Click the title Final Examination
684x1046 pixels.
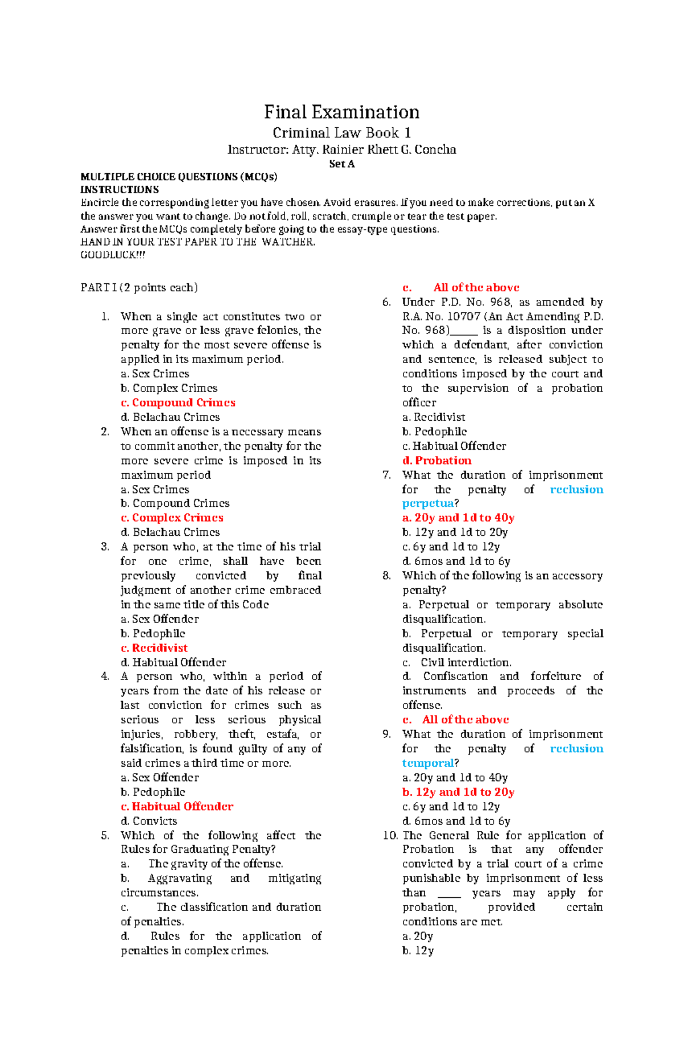click(x=341, y=112)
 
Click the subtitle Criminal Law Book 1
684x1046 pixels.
click(x=341, y=133)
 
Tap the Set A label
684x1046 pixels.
click(x=342, y=164)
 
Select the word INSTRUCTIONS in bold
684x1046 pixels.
click(x=120, y=190)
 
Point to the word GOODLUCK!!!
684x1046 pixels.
click(x=113, y=255)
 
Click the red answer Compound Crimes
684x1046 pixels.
click(x=178, y=402)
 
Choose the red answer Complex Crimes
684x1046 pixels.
click(x=172, y=518)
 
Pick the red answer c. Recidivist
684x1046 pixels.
click(x=154, y=648)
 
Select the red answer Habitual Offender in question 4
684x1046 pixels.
click(x=177, y=807)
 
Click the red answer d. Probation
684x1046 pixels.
click(x=437, y=461)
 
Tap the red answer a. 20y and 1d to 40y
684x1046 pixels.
click(x=458, y=518)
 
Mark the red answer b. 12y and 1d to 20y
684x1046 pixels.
click(x=458, y=792)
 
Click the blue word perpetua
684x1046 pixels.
click(x=428, y=503)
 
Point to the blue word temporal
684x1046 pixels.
click(x=428, y=763)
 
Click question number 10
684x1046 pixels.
click(x=390, y=836)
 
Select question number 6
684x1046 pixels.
click(x=387, y=302)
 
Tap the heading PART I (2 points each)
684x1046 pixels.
click(x=139, y=287)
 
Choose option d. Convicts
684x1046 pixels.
click(x=149, y=821)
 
